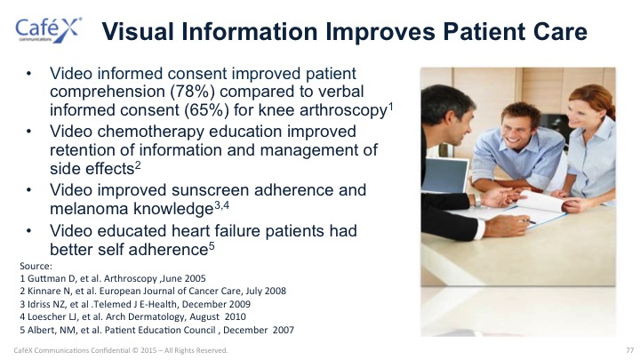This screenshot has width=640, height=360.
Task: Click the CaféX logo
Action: point(49,30)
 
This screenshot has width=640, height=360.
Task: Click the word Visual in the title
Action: point(138,31)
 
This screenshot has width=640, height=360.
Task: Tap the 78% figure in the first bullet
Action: point(192,92)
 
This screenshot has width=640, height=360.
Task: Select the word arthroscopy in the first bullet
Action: point(343,111)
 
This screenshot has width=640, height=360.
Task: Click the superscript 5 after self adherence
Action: point(212,246)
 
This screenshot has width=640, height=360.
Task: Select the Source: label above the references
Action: point(36,266)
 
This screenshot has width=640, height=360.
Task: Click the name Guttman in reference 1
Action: point(44,279)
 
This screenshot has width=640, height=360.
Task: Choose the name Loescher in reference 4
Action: point(44,316)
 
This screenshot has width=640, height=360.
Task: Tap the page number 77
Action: point(630,350)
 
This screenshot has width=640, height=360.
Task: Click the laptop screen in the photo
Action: point(444,175)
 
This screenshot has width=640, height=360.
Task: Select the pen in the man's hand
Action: point(528,220)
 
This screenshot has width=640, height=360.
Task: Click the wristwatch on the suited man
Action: point(477,200)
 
